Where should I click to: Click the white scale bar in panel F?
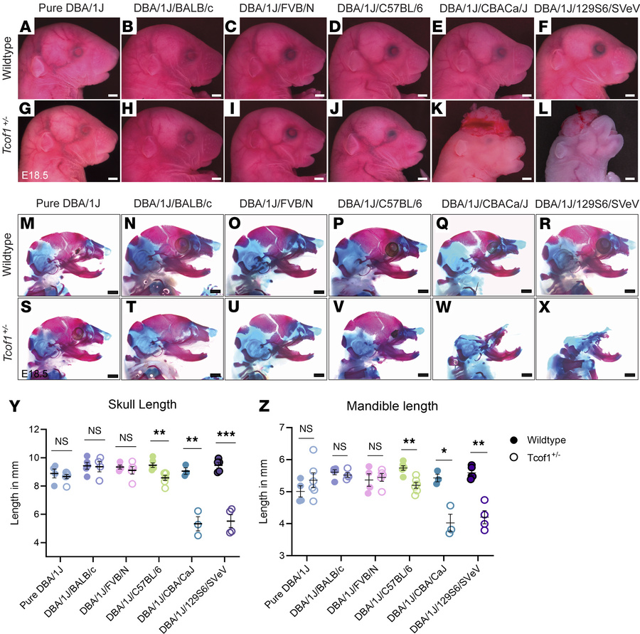(628, 93)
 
